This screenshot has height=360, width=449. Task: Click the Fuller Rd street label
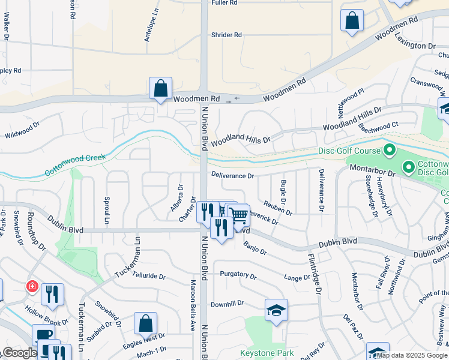click(224, 3)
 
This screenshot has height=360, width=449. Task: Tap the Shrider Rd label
click(226, 35)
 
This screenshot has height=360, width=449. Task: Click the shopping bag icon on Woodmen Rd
click(161, 88)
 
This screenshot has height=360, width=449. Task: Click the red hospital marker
click(31, 287)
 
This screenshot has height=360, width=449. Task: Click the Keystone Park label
click(267, 353)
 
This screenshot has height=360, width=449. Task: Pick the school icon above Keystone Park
click(276, 310)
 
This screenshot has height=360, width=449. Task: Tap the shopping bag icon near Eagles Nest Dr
click(145, 323)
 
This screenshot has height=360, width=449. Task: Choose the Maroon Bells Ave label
click(193, 306)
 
